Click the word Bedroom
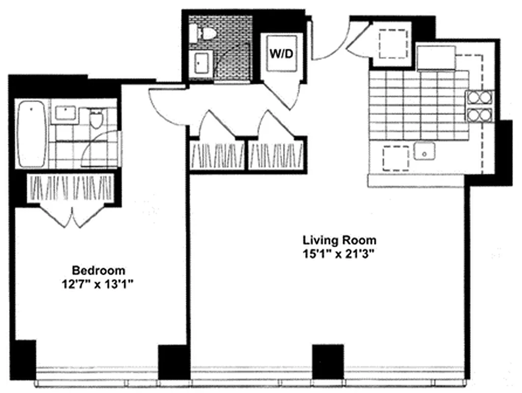coord(98,270)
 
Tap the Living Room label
coord(339,240)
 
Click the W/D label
coord(282,53)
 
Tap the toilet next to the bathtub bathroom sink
coord(96,118)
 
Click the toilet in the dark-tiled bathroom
coord(206,34)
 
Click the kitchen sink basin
coord(424,151)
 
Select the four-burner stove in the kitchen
coord(479,107)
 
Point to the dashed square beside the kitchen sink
coord(396,158)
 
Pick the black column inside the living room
coord(328,361)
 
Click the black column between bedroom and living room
coord(173,362)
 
